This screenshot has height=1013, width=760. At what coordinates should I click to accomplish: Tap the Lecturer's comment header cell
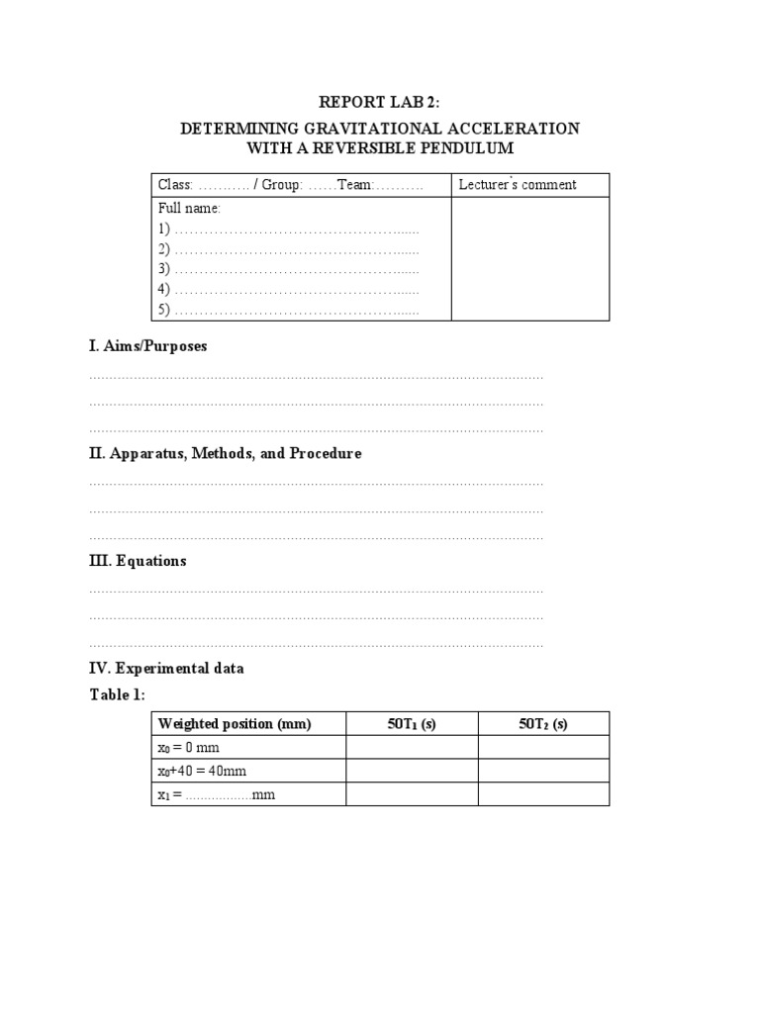[x=518, y=185]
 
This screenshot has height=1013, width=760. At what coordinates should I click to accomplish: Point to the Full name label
[x=189, y=209]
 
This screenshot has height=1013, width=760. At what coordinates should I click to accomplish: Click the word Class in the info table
[x=175, y=185]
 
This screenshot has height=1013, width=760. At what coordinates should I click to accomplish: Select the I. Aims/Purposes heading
[x=147, y=346]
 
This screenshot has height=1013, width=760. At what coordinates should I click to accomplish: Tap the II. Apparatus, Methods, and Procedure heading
[x=225, y=453]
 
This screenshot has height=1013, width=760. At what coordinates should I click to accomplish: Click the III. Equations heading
[x=138, y=561]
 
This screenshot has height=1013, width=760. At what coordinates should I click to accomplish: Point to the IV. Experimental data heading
[x=166, y=668]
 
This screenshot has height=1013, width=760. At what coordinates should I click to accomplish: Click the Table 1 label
[x=117, y=694]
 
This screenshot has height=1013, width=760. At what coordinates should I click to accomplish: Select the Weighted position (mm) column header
[x=235, y=724]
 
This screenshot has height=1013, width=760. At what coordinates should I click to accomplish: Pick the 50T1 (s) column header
[x=412, y=724]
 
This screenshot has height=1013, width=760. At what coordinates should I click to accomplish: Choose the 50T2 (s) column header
[x=543, y=724]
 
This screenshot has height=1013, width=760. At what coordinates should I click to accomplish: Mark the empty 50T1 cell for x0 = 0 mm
[x=412, y=748]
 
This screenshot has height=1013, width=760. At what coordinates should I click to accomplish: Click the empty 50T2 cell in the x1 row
[x=543, y=794]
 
